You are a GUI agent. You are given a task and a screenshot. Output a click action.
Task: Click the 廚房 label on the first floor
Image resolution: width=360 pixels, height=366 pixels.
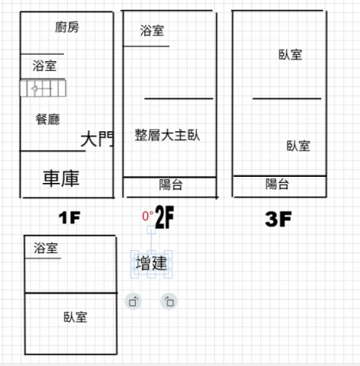tap(67, 27)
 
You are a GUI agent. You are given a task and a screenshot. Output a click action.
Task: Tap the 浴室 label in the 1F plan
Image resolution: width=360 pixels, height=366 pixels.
tap(44, 66)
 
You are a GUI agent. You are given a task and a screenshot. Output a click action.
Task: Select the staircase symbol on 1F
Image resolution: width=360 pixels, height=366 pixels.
tap(43, 88)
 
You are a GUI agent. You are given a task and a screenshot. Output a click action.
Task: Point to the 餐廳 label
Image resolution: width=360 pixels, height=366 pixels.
tap(48, 119)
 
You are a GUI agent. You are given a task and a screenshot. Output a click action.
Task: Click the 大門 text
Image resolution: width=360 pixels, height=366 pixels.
tap(97, 139)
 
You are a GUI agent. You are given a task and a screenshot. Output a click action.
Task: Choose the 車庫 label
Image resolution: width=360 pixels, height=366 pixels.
tap(61, 178)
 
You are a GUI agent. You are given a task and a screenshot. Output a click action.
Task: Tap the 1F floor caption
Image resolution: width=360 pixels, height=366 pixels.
tap(69, 218)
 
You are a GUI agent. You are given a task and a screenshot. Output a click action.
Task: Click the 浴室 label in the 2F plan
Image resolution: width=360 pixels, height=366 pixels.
tap(152, 30)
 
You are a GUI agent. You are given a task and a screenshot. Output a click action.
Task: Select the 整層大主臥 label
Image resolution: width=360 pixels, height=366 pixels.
tap(167, 135)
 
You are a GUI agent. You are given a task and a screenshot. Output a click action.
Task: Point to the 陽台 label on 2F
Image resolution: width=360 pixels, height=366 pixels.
tap(171, 185)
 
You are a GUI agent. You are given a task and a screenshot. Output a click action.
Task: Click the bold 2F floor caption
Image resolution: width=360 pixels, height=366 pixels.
tap(165, 217)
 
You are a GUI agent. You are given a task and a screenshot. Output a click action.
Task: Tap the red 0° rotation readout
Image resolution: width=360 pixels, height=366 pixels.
tap(148, 216)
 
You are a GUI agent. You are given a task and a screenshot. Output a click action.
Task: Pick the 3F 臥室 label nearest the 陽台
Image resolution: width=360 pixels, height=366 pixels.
tap(298, 146)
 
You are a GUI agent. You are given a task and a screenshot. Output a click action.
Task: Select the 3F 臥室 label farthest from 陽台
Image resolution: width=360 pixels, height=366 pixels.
tap(291, 55)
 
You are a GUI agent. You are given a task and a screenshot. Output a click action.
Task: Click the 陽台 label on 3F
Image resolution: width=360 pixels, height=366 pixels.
tap(277, 184)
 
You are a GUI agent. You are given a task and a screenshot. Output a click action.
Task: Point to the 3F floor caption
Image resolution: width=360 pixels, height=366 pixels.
tap(278, 219)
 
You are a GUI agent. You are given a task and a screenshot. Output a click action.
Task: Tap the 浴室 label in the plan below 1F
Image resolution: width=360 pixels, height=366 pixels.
tap(46, 248)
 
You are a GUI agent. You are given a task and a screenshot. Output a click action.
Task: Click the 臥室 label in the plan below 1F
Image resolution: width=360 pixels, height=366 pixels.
tap(76, 317)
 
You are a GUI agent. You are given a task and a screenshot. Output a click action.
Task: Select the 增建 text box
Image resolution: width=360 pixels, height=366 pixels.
tap(152, 263)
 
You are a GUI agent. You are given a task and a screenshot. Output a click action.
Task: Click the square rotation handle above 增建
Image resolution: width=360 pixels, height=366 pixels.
tap(151, 230)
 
